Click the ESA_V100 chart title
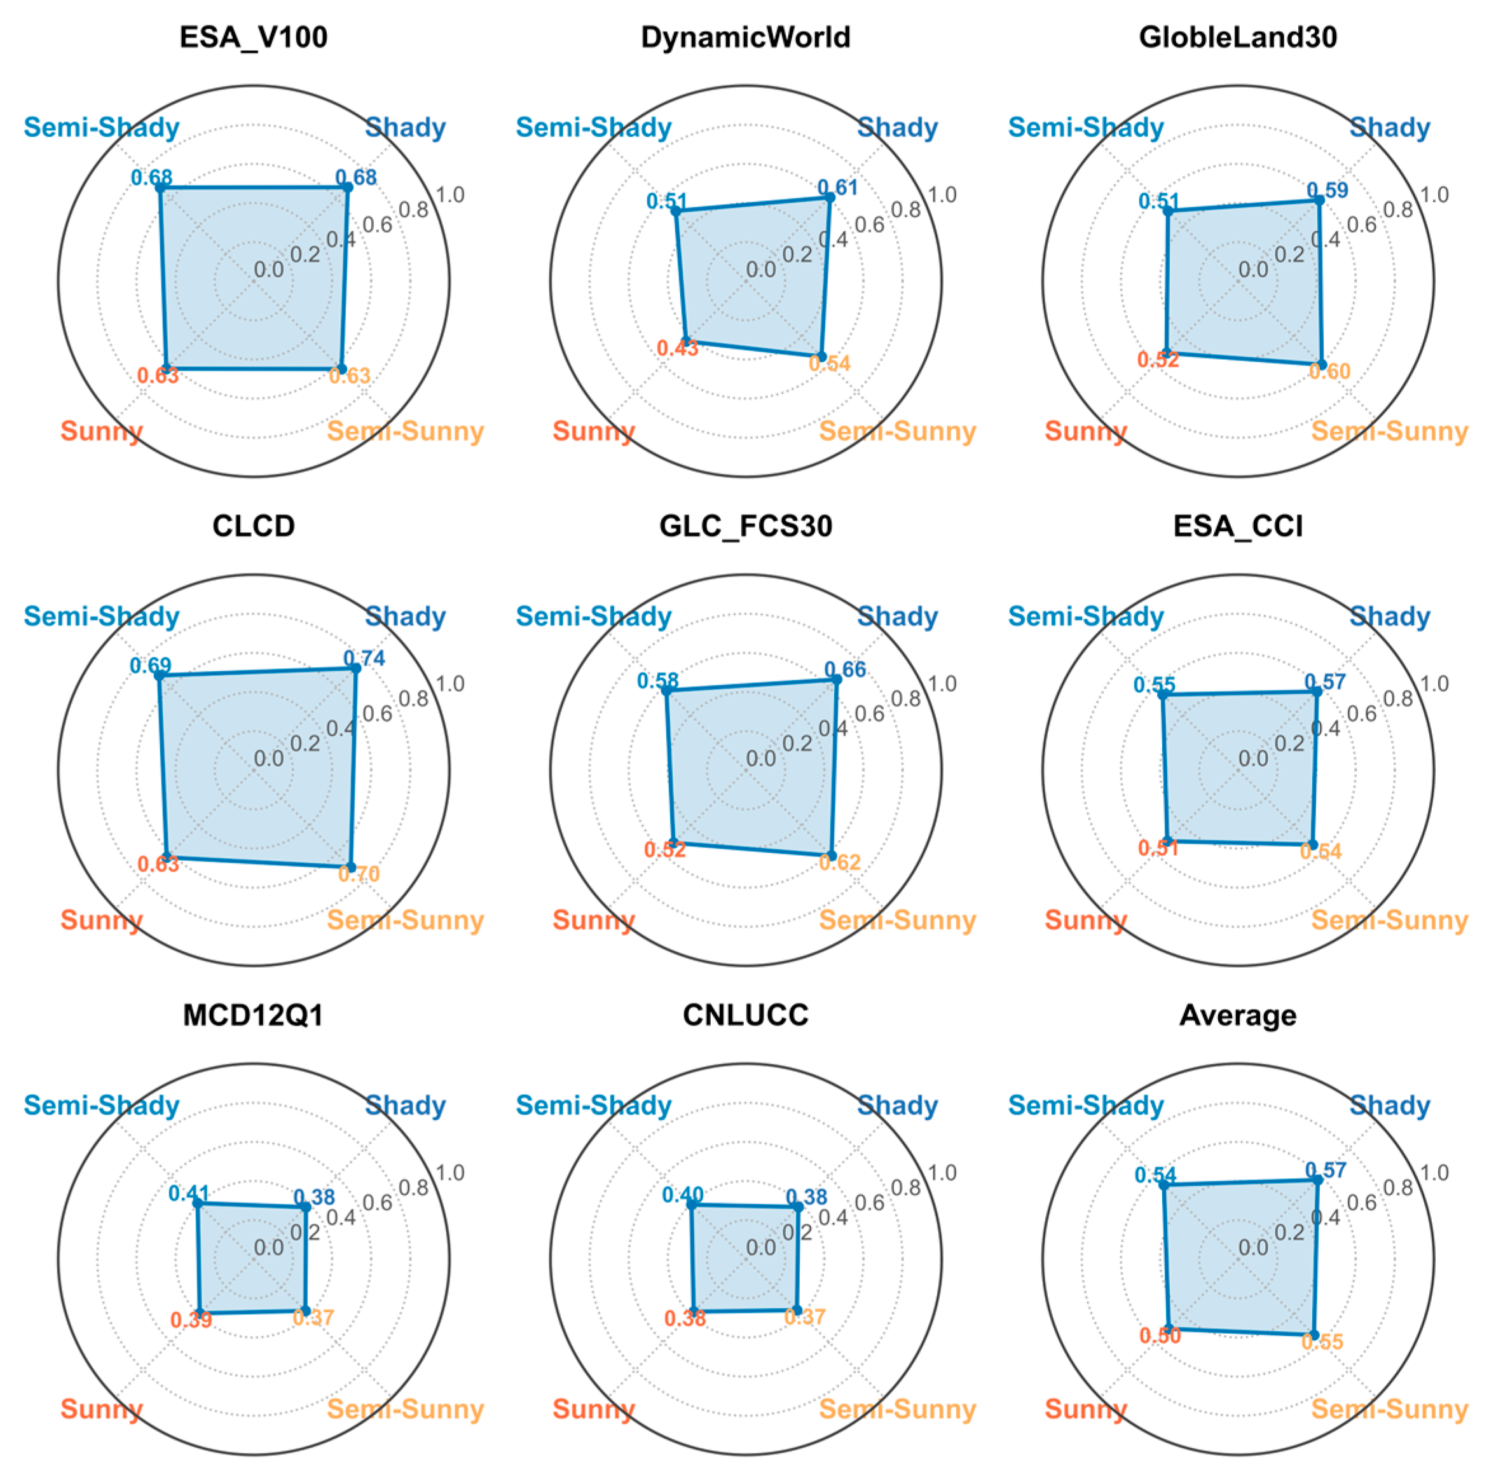coord(253,37)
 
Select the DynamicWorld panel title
coord(746,37)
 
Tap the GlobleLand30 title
coord(1237,37)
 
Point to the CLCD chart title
coord(253,526)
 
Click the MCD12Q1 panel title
coord(253,1015)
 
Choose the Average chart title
coord(1237,1015)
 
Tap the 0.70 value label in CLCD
coord(359,874)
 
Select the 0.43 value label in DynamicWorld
coord(678,348)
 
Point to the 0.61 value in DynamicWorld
coord(838,188)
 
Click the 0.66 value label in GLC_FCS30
coord(845,669)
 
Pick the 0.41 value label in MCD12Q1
coord(189,1193)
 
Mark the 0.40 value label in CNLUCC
coord(682,1195)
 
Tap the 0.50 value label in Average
coord(1160,1335)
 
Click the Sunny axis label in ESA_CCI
coord(1086,920)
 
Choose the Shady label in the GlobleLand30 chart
coord(1389,128)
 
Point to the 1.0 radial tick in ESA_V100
coord(450,195)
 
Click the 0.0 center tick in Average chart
coord(1253,1247)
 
